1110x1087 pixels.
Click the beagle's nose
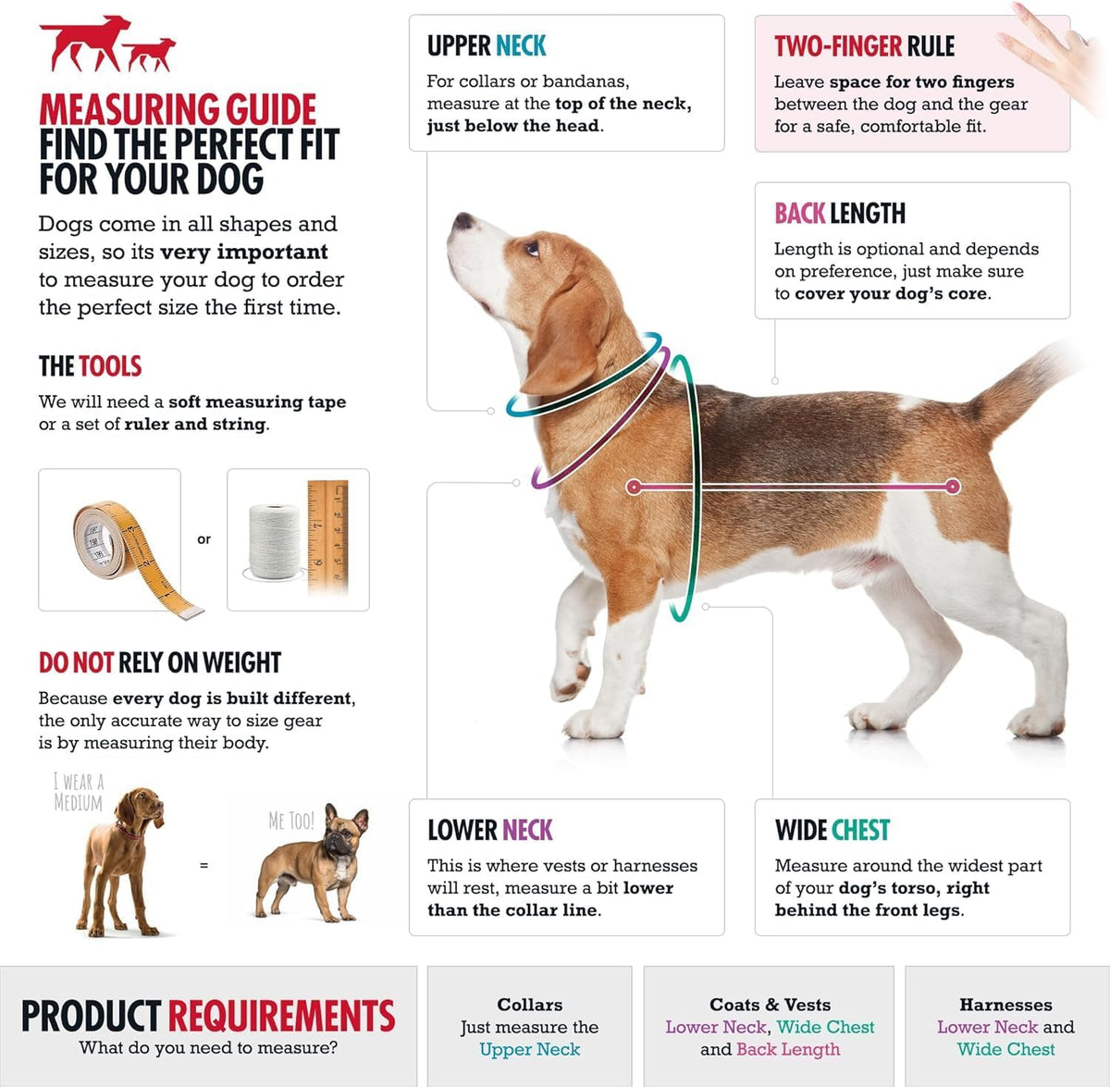coord(462,221)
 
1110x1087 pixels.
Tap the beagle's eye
coord(532,249)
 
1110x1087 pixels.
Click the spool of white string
coord(275,542)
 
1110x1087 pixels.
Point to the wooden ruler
coord(327,536)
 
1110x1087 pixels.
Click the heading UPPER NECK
coord(487,46)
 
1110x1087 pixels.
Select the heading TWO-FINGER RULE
coord(864,46)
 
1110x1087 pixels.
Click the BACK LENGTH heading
coord(840,214)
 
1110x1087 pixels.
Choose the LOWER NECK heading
coord(489,830)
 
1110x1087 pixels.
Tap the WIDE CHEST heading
coord(832,830)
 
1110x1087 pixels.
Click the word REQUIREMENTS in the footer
coord(282,1015)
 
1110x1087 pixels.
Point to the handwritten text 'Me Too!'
coord(291,821)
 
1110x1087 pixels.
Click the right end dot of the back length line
coord(953,487)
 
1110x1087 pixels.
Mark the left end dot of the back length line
coord(634,487)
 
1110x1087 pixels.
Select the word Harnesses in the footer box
coord(1005,1005)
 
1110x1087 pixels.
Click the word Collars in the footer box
coord(529,1005)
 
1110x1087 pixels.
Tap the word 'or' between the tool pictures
coord(203,539)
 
